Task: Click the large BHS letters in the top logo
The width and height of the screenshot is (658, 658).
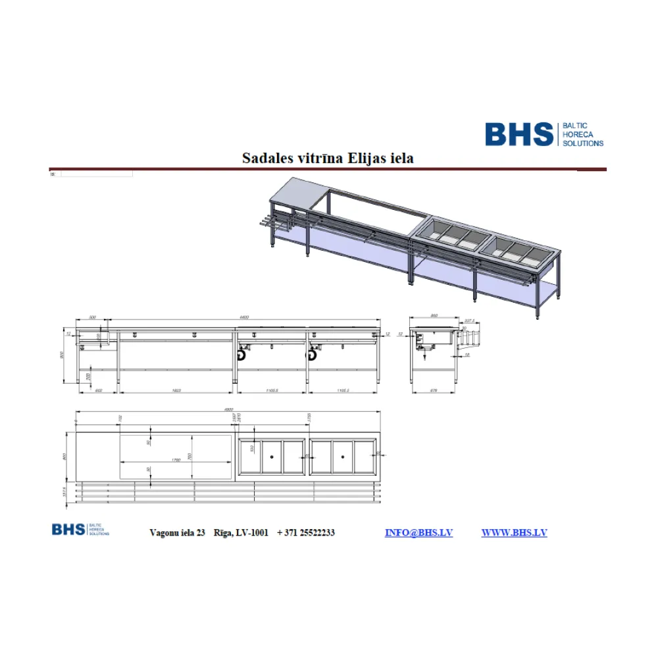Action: point(519,134)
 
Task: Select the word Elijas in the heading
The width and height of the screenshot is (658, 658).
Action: point(367,158)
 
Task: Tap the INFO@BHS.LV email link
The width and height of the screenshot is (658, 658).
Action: point(418,532)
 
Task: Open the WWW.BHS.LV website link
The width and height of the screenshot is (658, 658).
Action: point(514,532)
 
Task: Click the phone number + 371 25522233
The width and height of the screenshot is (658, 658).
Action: point(306,532)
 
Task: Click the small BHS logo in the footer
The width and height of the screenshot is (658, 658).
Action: point(68,529)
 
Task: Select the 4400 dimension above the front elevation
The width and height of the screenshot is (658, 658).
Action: point(244,317)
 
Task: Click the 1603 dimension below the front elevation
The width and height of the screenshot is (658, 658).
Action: point(176,391)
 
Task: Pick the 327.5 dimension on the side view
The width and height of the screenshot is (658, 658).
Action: point(470,322)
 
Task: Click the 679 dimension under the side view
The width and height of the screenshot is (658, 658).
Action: point(434,391)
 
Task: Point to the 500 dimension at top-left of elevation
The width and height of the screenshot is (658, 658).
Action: point(93,317)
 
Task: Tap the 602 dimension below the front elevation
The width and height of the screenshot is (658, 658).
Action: point(99,391)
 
